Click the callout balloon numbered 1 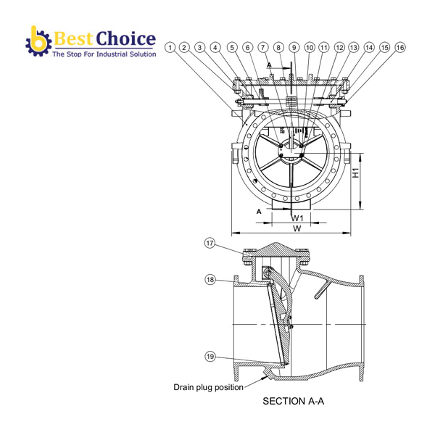tap(170, 47)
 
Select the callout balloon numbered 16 tap(399, 47)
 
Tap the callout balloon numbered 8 tap(279, 47)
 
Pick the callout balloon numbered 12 tap(339, 47)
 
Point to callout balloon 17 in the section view tap(210, 244)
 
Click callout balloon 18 tap(210, 280)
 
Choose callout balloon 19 tap(210, 356)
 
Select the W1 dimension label tap(297, 217)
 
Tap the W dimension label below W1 tap(297, 228)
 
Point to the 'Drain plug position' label tap(208, 387)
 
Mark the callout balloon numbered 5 tap(232, 47)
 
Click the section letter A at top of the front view tap(270, 65)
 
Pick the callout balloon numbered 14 tap(369, 47)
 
